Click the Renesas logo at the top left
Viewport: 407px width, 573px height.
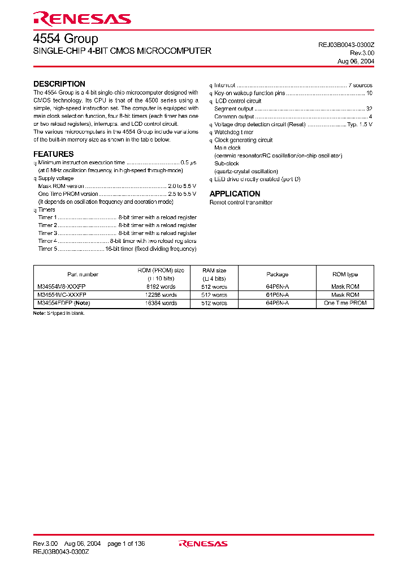82,19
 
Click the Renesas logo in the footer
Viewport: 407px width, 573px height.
203,544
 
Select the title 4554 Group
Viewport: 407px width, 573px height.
66,39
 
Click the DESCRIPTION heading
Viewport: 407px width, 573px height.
59,84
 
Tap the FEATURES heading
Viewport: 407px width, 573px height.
54,154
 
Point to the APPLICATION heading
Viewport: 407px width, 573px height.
235,194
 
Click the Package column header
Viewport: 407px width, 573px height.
277,275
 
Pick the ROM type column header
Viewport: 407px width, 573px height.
345,275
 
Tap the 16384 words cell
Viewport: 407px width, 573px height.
161,303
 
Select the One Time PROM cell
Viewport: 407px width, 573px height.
345,303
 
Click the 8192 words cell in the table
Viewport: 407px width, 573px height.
161,287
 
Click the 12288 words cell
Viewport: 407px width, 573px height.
161,295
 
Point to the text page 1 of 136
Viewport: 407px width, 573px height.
126,544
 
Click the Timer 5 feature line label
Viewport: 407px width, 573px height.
47,249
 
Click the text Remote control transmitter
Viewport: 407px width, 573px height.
241,202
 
